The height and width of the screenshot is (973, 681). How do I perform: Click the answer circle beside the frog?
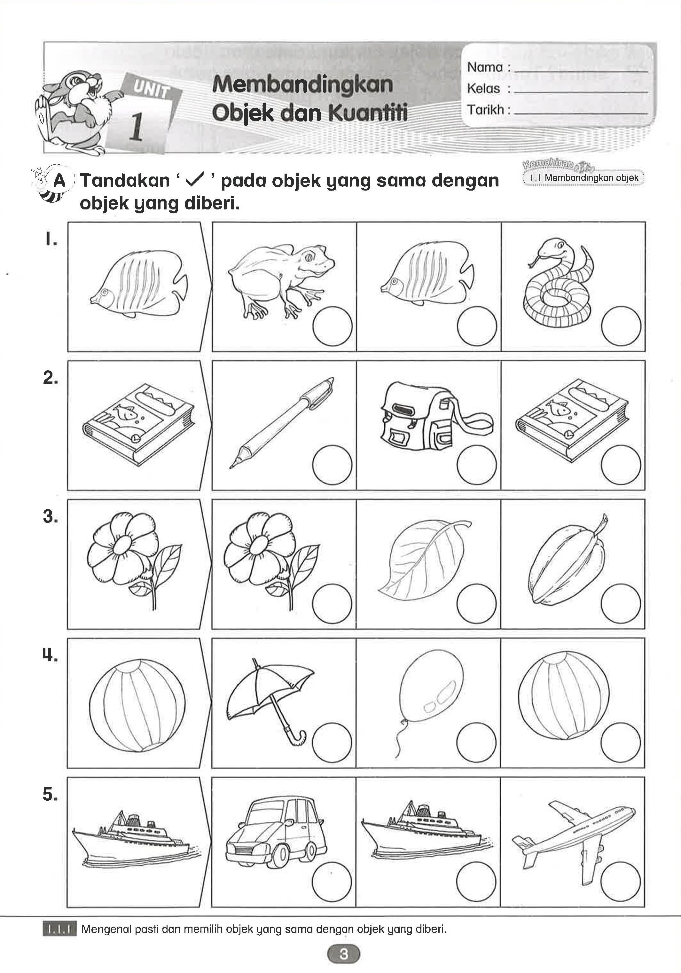click(332, 327)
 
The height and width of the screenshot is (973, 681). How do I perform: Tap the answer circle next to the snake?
click(621, 327)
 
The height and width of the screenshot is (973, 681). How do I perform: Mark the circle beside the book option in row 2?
click(621, 465)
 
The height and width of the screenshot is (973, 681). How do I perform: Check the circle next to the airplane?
click(620, 882)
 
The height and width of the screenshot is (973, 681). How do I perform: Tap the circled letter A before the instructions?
click(60, 181)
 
